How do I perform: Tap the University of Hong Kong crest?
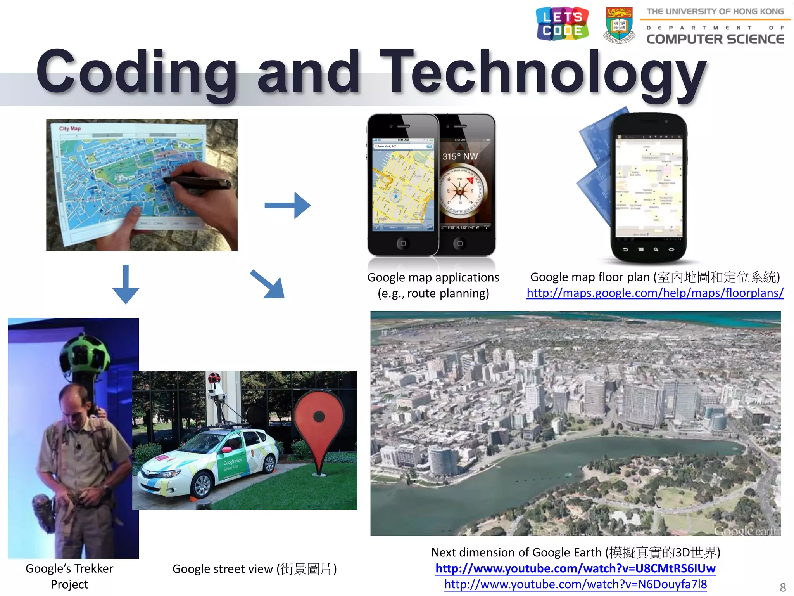coord(619,25)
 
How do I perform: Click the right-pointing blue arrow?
coord(288,205)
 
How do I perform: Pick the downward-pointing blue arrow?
coord(126,284)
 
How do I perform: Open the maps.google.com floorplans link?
coord(655,293)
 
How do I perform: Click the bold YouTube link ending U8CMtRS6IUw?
coord(575,568)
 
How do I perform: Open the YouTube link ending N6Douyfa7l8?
coord(575,584)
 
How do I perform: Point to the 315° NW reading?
coord(460,156)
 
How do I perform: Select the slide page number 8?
coord(783,587)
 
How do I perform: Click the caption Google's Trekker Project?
coord(69,576)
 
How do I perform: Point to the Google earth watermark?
coord(746,531)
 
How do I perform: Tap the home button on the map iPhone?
coord(403,244)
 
